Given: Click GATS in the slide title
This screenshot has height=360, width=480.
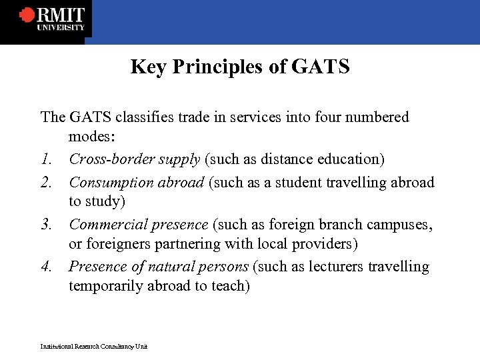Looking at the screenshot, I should tap(320, 67).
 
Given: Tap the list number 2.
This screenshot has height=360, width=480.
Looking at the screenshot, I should tap(46, 182).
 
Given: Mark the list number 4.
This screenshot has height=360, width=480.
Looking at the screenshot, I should tap(46, 267).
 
